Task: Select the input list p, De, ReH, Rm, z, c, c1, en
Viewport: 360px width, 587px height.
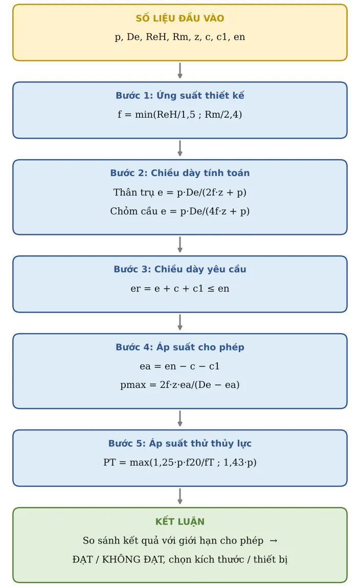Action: pyautogui.click(x=180, y=37)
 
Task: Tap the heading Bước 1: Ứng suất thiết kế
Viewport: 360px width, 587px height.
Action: pyautogui.click(x=180, y=95)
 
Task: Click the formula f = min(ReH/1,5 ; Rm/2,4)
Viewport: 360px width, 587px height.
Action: pyautogui.click(x=180, y=114)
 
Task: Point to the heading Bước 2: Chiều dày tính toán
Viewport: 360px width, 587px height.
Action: pyautogui.click(x=180, y=172)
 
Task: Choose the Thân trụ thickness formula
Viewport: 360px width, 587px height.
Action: pyautogui.click(x=180, y=192)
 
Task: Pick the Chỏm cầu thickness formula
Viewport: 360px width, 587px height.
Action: pyautogui.click(x=180, y=211)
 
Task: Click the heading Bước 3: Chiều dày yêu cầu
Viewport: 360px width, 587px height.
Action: pyautogui.click(x=180, y=269)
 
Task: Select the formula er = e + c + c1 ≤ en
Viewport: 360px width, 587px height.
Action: pyautogui.click(x=180, y=288)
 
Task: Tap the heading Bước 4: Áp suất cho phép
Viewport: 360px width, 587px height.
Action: pyautogui.click(x=180, y=346)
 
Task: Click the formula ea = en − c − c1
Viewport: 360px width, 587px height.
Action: pyautogui.click(x=180, y=366)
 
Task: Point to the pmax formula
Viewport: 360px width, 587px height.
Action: pyautogui.click(x=180, y=385)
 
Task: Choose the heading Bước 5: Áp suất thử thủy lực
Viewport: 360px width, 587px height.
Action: pyautogui.click(x=180, y=443)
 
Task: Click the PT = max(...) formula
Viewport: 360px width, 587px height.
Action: pyautogui.click(x=180, y=462)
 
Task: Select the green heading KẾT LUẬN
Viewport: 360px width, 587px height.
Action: pyautogui.click(x=180, y=521)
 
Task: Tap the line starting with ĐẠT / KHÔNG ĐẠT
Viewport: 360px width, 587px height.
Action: pyautogui.click(x=180, y=559)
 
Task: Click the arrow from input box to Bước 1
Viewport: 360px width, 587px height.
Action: pyautogui.click(x=180, y=71)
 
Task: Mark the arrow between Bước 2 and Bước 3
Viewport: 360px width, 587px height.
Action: pyautogui.click(x=180, y=245)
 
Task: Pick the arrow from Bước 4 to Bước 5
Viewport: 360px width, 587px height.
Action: pyautogui.click(x=180, y=419)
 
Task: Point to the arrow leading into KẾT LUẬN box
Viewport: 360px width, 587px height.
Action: pyautogui.click(x=180, y=496)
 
